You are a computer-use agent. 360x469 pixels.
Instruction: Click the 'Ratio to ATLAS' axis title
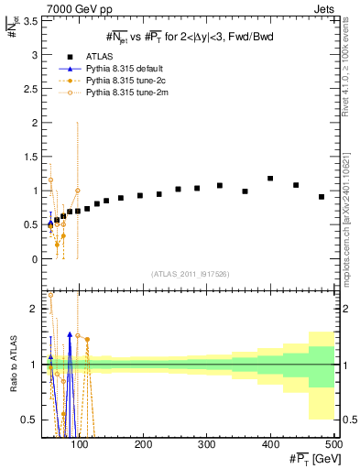[x=11, y=364]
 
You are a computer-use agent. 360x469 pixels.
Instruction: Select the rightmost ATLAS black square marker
[x=322, y=197]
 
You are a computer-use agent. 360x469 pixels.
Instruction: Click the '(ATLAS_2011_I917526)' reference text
[x=190, y=274]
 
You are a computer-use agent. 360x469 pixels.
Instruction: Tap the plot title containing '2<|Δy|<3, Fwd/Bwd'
[x=191, y=38]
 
